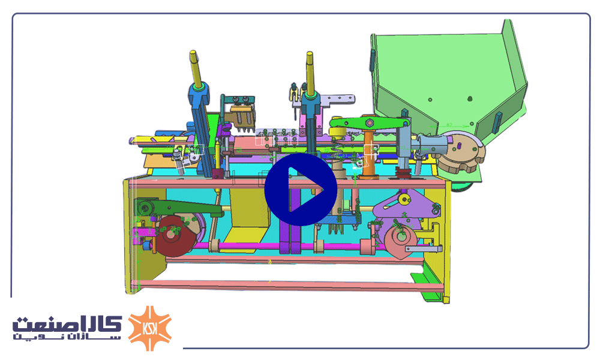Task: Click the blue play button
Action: tap(301, 189)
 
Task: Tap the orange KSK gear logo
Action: tap(149, 328)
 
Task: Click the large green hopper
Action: tap(448, 80)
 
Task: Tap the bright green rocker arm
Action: tap(369, 123)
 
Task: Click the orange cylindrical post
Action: tap(368, 155)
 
